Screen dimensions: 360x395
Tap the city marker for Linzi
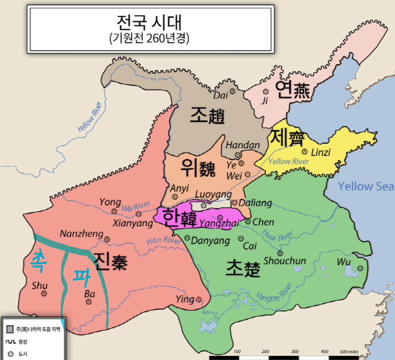click(305, 152)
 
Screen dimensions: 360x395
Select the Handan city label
click(242, 145)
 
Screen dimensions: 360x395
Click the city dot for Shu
click(44, 294)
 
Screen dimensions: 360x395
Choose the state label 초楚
click(243, 269)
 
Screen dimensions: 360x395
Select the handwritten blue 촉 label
click(39, 262)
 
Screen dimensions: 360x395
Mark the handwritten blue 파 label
click(81, 275)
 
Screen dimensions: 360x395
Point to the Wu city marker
click(360, 269)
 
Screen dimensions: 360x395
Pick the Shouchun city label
click(285, 261)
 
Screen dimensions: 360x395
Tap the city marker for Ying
click(199, 300)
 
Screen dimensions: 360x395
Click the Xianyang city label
click(133, 224)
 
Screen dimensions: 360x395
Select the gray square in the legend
click(10, 329)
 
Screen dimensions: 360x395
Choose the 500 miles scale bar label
click(349, 352)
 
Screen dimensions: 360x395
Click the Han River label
click(163, 241)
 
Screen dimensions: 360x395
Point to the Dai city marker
click(233, 91)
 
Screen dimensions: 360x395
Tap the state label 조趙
click(207, 115)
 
